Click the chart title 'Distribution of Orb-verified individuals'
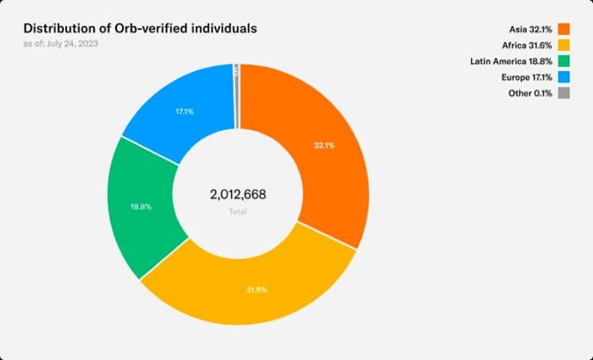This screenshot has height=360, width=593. [140, 29]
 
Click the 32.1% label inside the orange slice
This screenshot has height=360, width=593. [324, 145]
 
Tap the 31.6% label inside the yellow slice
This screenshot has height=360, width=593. [257, 290]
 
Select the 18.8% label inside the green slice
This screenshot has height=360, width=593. [140, 207]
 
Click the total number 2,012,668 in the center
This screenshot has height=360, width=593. [238, 195]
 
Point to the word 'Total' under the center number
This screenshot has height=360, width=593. [238, 211]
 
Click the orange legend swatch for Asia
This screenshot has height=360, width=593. [564, 29]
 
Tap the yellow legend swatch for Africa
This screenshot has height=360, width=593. [564, 45]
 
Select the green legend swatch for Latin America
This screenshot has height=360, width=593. [564, 61]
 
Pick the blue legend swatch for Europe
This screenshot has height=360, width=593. [564, 77]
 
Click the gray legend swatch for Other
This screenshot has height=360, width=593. [564, 93]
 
